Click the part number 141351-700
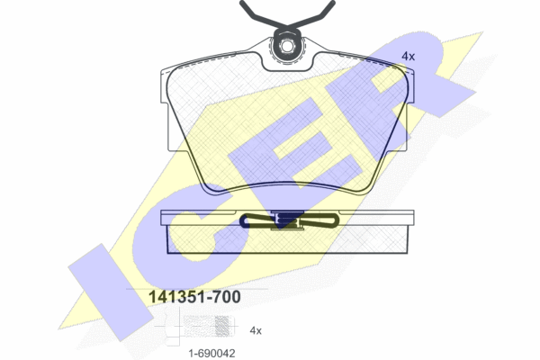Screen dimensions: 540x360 pos(194,297)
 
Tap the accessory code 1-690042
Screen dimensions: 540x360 pos(211,353)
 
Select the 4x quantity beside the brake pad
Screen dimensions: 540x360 pos(408,56)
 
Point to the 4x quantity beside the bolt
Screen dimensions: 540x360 pos(256,330)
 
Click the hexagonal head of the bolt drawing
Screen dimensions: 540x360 pos(173,326)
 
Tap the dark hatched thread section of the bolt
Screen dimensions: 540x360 pos(221,326)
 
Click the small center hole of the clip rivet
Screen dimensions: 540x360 pos(287,46)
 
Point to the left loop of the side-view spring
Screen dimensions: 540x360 pos(258,220)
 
